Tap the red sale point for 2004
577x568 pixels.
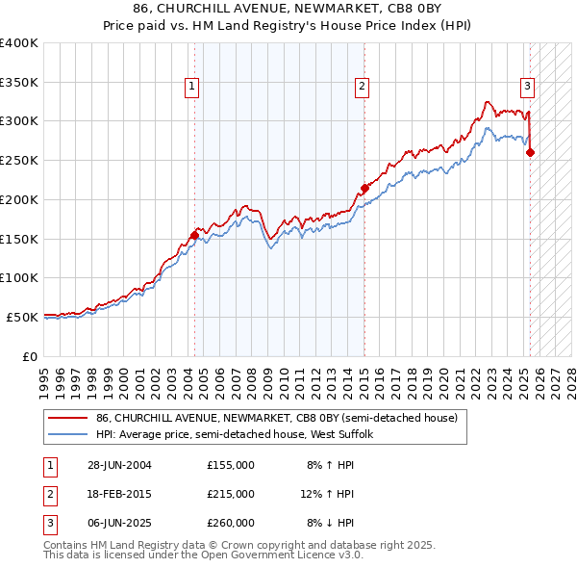[194, 234]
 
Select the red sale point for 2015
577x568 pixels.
[364, 188]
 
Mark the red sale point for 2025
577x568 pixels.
[530, 152]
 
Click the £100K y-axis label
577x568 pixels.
[19, 277]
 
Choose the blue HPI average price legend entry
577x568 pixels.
[240, 434]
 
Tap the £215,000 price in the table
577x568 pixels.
[231, 494]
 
